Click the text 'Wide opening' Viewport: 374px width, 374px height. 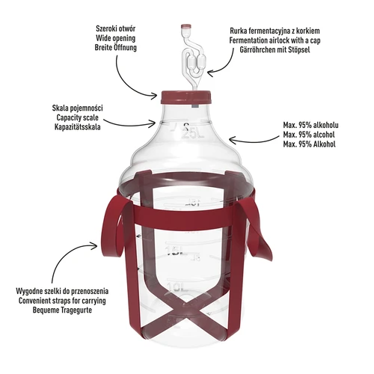[x=116, y=35]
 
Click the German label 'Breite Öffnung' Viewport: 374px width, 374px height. [x=116, y=46]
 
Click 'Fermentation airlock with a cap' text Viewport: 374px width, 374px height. [x=289, y=43]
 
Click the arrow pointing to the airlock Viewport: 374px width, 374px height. [x=219, y=70]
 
